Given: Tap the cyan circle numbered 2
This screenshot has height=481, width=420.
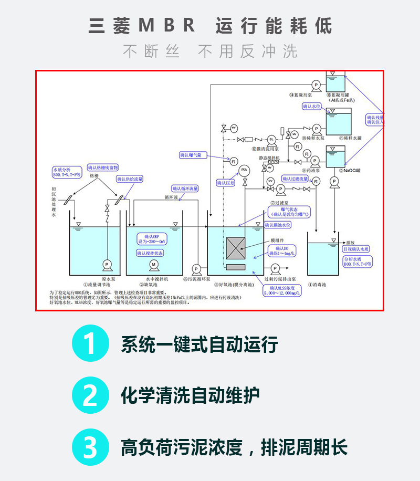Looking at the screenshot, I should tap(90, 395).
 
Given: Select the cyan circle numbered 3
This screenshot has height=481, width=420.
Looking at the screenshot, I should tap(90, 447).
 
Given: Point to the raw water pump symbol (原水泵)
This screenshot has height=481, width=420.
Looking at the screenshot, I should tap(108, 264).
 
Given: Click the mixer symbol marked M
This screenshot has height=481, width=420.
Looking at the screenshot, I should tap(154, 264).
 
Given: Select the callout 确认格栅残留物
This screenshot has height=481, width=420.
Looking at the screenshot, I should tap(103, 168).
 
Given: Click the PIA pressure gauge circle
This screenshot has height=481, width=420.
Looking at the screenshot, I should tap(244, 169).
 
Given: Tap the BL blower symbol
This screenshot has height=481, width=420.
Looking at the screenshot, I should tap(271, 139).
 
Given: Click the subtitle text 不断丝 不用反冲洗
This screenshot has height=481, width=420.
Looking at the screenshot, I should tap(210, 51).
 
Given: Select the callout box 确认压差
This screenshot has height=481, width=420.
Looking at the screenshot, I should tap(226, 183).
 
